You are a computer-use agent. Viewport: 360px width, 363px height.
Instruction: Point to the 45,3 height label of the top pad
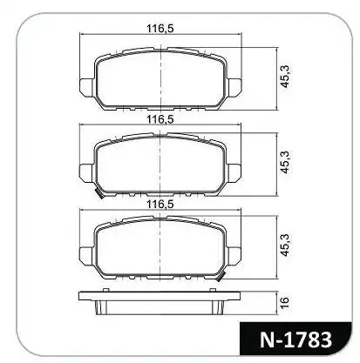(x=283, y=79)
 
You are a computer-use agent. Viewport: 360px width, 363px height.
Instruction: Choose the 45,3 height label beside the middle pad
(x=283, y=166)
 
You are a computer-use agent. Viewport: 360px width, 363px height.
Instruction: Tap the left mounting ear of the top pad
(x=86, y=87)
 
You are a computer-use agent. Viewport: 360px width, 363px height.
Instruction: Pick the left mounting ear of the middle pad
(x=86, y=171)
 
